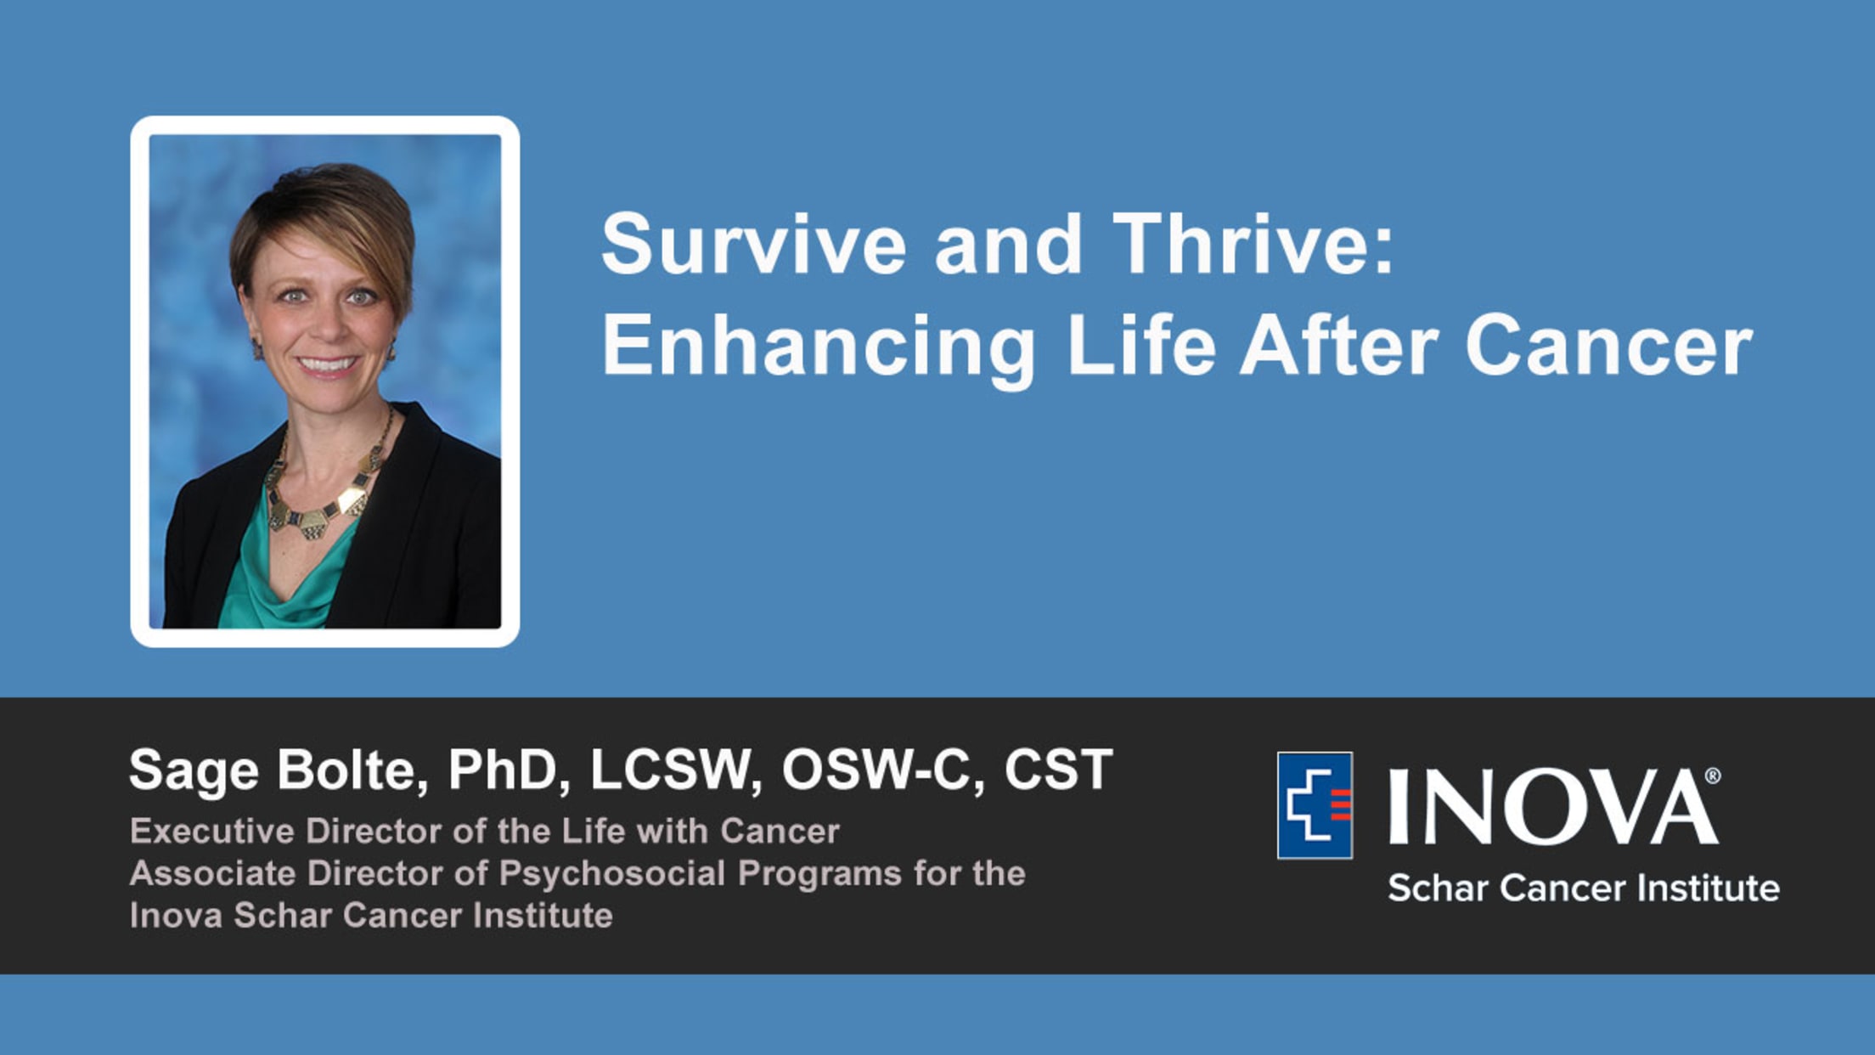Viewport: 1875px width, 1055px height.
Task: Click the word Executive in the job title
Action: (x=212, y=831)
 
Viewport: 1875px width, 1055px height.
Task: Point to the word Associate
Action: (x=213, y=873)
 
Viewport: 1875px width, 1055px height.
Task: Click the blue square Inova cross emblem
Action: (x=1315, y=805)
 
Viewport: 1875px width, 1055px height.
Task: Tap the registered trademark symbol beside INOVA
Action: (x=1713, y=776)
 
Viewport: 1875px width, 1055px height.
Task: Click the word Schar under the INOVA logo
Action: (x=1438, y=889)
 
